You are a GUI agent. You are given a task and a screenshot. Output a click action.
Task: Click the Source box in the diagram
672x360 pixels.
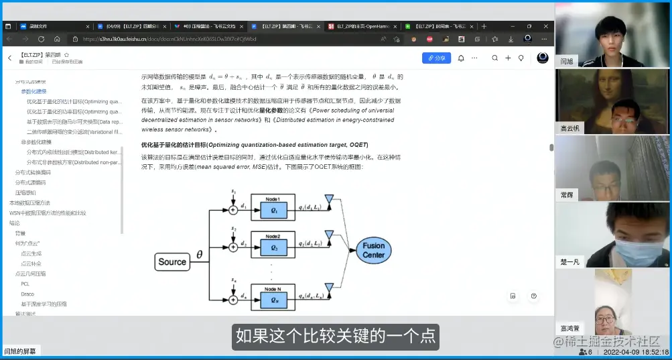click(172, 261)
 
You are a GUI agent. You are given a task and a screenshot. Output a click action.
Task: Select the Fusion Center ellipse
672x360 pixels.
click(373, 249)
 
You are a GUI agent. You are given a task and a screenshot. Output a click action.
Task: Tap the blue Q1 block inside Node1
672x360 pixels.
click(273, 210)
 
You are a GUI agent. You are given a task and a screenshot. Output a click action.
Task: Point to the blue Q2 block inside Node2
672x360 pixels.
click(273, 247)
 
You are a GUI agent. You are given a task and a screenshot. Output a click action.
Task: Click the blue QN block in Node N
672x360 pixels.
click(273, 300)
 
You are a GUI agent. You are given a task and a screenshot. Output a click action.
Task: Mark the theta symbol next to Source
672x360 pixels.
click(199, 255)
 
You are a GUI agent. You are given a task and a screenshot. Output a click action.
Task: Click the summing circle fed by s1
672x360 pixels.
click(233, 210)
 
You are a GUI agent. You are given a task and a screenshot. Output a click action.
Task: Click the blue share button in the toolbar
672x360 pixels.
click(437, 58)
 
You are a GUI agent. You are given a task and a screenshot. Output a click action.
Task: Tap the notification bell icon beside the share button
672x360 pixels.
click(461, 58)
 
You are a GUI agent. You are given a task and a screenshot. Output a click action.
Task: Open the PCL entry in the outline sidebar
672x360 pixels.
click(25, 284)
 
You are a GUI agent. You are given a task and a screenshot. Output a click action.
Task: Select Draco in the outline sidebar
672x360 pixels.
click(27, 294)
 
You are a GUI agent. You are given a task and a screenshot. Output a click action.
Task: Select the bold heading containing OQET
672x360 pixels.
click(254, 145)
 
